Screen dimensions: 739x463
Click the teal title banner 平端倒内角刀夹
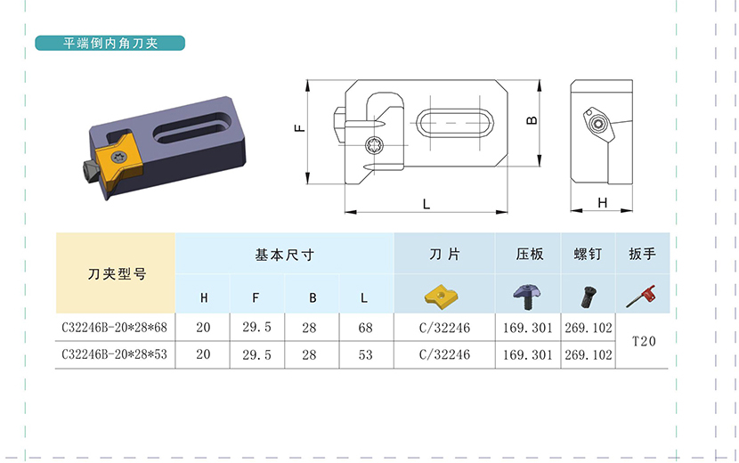coord(110,43)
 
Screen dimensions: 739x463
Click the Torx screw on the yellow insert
coord(117,158)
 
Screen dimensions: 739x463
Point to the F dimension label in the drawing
coord(300,128)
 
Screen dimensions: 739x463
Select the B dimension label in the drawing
coord(532,120)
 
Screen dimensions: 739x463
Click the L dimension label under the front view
coord(426,204)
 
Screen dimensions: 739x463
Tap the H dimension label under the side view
coord(602,203)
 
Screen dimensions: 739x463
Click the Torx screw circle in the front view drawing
coord(376,145)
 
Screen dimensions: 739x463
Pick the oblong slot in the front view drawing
coord(455,123)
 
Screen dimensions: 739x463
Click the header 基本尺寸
coord(284,255)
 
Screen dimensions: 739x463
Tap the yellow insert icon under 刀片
coord(442,295)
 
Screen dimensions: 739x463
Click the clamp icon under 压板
coord(527,296)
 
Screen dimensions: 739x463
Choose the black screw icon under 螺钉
coord(589,297)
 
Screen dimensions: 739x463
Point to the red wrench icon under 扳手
coord(641,296)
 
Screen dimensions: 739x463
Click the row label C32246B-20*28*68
coord(115,327)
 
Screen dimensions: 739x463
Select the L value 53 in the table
coord(365,354)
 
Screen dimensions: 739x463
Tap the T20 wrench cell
coord(644,341)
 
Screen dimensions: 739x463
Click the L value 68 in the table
coord(365,328)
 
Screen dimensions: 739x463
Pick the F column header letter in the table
coord(256,297)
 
